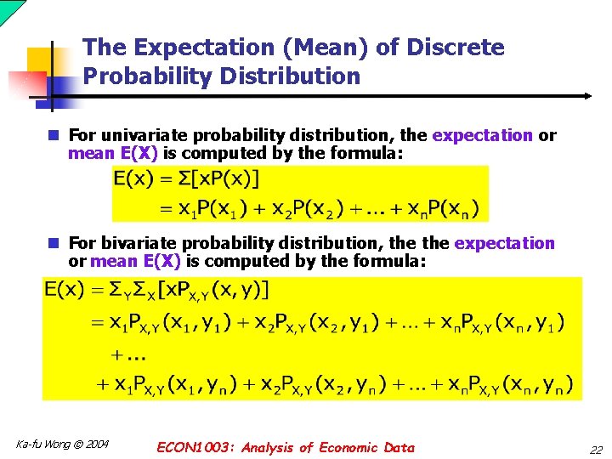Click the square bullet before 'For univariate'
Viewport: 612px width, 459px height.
[x=53, y=135]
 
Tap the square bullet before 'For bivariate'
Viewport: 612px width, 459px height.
[x=53, y=244]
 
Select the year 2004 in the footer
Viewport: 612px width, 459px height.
[x=96, y=445]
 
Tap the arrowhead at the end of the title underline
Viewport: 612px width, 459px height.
[x=586, y=97]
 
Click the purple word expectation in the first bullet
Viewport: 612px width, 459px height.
[x=482, y=135]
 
